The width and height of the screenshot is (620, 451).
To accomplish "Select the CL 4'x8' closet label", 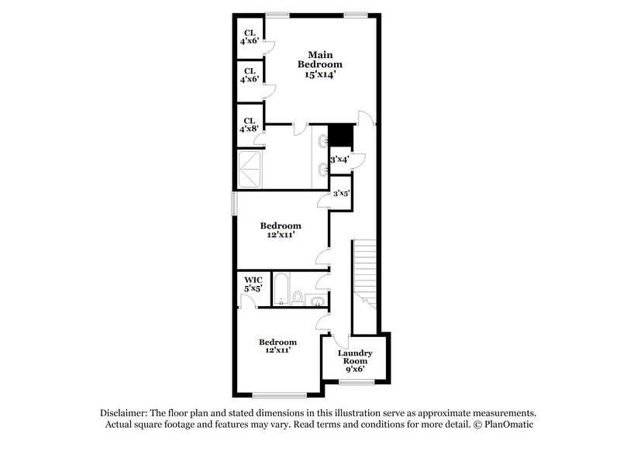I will click(x=250, y=125).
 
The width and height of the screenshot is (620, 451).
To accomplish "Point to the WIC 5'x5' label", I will click(x=254, y=284).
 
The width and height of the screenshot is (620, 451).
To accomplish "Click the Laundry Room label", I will click(x=356, y=357).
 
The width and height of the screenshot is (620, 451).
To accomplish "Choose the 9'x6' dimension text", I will click(x=356, y=370).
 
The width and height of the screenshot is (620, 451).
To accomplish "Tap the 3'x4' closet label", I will click(x=339, y=159).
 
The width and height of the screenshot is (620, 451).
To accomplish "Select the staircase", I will click(x=363, y=271).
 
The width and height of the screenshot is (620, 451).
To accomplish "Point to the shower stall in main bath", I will click(x=251, y=169).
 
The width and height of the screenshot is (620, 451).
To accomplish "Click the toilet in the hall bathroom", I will click(x=298, y=297).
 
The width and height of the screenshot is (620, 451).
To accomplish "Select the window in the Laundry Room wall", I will click(x=356, y=382).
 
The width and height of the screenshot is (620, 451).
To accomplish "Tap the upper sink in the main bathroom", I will click(x=322, y=141).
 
